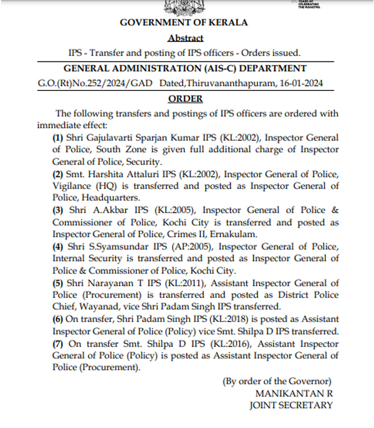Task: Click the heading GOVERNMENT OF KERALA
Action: pyautogui.click(x=184, y=22)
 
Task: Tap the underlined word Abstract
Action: pyautogui.click(x=185, y=38)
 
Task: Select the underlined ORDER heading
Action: pyautogui.click(x=185, y=99)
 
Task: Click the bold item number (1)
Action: pyautogui.click(x=58, y=137)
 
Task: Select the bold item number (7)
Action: pyautogui.click(x=58, y=343)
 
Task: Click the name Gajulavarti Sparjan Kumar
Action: pyautogui.click(x=130, y=137)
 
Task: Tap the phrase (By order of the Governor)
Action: pyautogui.click(x=277, y=381)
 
